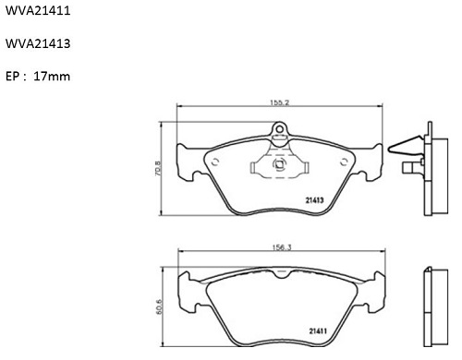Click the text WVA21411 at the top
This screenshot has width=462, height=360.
click(x=38, y=10)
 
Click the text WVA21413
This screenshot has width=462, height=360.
click(x=38, y=43)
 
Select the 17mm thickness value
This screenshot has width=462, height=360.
click(x=52, y=76)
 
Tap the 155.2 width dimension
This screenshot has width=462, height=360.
click(x=280, y=102)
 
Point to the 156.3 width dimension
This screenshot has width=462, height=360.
click(x=282, y=247)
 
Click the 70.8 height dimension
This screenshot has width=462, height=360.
click(x=157, y=169)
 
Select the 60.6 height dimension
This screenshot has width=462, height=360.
click(x=159, y=306)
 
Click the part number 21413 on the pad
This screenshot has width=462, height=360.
click(x=314, y=200)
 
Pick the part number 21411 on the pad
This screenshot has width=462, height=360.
click(x=318, y=331)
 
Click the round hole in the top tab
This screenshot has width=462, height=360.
click(x=279, y=129)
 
